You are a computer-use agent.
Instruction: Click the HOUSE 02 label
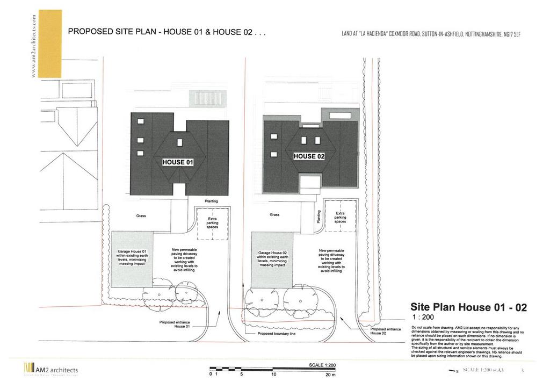[309, 156]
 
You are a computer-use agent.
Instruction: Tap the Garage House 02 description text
[273, 258]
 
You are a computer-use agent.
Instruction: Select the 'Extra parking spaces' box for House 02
[340, 217]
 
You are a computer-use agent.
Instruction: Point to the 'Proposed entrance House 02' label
[386, 331]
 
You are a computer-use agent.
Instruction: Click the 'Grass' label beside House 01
[141, 215]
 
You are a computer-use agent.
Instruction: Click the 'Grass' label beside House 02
[274, 214]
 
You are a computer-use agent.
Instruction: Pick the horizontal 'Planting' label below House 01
[212, 201]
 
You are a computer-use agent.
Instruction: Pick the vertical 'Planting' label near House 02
[318, 217]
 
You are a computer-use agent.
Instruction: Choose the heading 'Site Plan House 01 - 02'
[468, 307]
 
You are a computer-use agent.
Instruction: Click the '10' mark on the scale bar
[273, 375]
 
